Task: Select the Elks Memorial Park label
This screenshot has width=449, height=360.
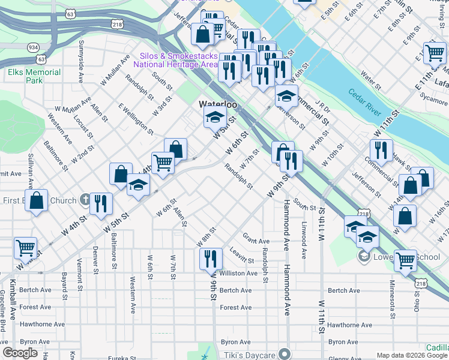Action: click(34, 76)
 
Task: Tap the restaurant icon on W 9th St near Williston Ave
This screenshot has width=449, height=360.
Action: click(211, 259)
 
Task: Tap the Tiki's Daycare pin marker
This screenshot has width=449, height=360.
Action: click(285, 355)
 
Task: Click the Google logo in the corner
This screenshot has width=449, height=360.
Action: click(20, 353)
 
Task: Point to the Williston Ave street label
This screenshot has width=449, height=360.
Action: click(238, 273)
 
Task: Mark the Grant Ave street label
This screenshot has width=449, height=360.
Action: click(256, 242)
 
